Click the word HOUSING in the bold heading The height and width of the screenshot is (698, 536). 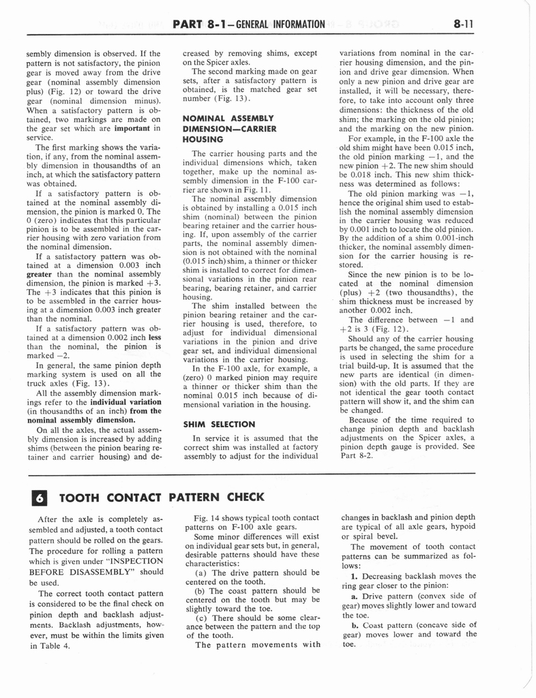[x=203, y=138]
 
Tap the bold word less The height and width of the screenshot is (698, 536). [x=155, y=336]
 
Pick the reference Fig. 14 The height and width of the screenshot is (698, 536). [x=207, y=518]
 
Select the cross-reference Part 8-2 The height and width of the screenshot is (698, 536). [x=356, y=456]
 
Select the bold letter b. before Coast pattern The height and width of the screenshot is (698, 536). [x=355, y=624]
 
